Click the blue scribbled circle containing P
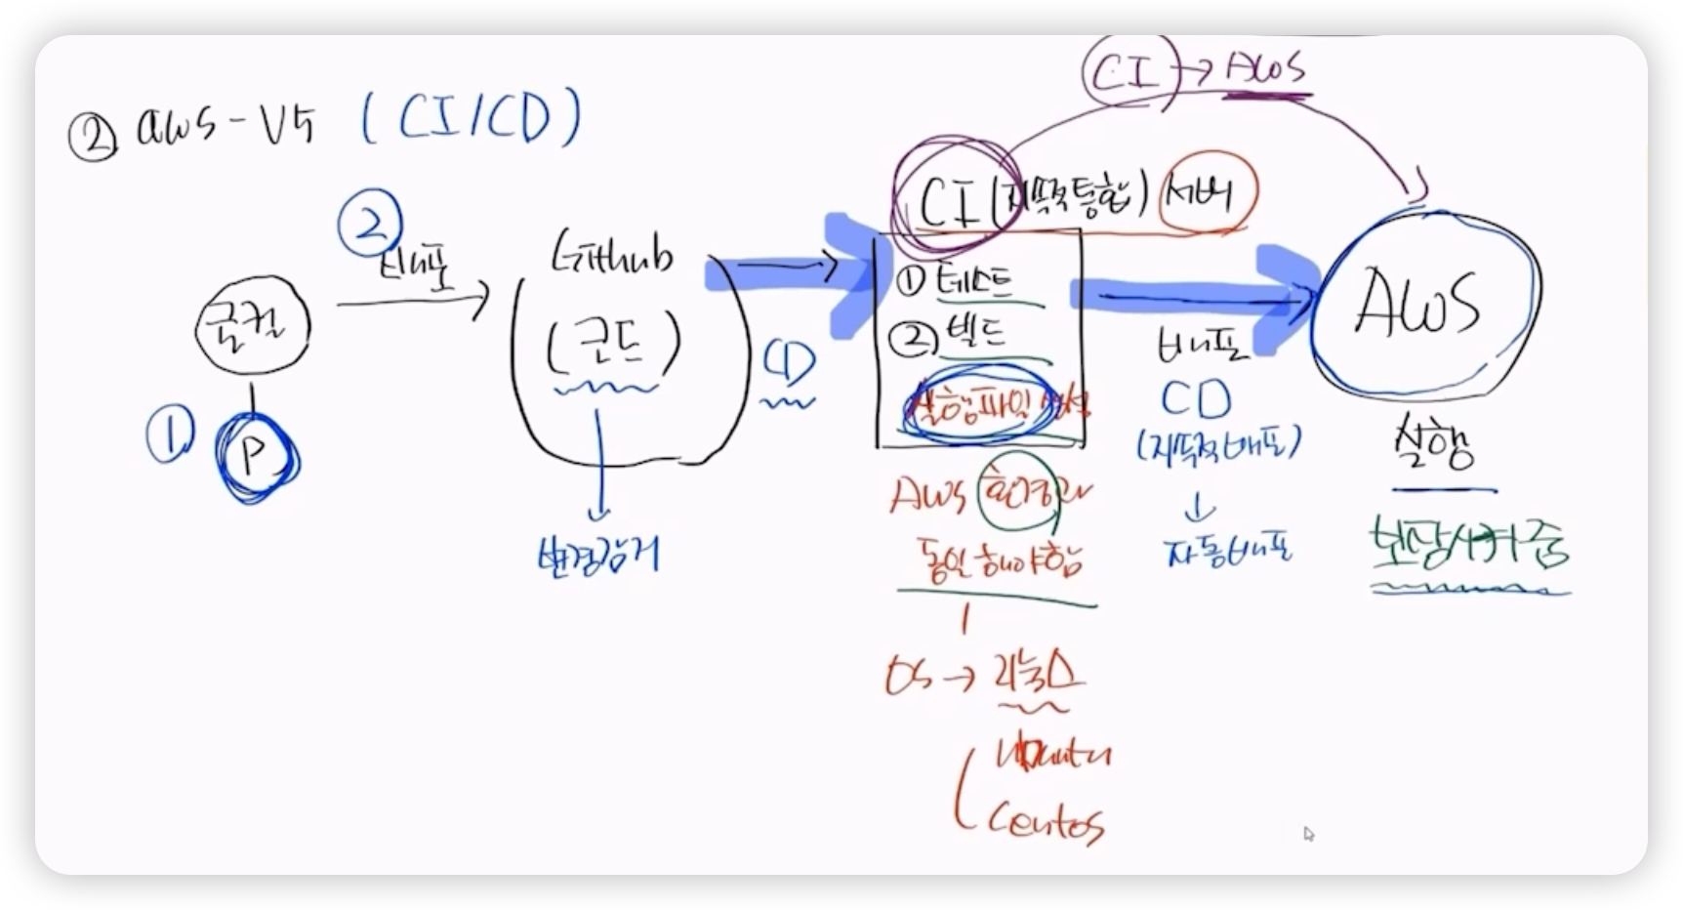point(256,456)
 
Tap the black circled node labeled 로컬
point(252,326)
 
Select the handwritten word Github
point(612,256)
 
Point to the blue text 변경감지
point(597,554)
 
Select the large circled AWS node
point(1421,305)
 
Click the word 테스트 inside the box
point(972,283)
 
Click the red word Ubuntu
point(1052,755)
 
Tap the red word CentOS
point(1045,822)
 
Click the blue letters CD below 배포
point(1196,399)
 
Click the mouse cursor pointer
point(1308,833)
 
